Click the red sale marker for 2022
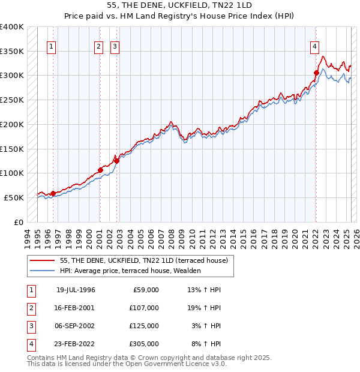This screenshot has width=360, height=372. pyautogui.click(x=316, y=73)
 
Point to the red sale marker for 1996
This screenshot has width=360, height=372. pyautogui.click(x=53, y=193)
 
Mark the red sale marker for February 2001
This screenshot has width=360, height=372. pyautogui.click(x=100, y=170)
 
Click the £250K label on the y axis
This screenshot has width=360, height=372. pyautogui.click(x=12, y=100)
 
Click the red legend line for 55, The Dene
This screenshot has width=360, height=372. pyautogui.click(x=42, y=261)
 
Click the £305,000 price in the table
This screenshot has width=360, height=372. pyautogui.click(x=144, y=344)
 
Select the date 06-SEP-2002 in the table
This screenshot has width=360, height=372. pyautogui.click(x=76, y=326)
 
